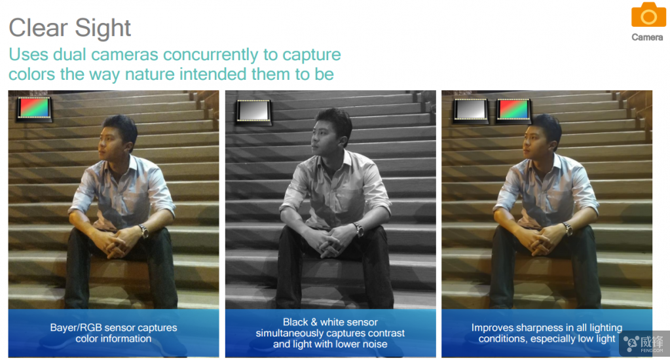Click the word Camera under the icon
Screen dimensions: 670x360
pyautogui.click(x=647, y=37)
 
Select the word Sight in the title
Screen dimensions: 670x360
pyautogui.click(x=103, y=28)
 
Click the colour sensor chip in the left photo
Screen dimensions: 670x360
pyautogui.click(x=34, y=109)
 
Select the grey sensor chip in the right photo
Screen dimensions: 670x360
pyautogui.click(x=470, y=111)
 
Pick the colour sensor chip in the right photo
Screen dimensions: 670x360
pyautogui.click(x=513, y=111)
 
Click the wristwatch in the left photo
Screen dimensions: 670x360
pyautogui.click(x=143, y=230)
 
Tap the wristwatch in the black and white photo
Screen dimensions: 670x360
pyautogui.click(x=358, y=229)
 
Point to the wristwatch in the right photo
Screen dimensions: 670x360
pyautogui.click(x=567, y=228)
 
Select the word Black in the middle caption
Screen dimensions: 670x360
pyautogui.click(x=295, y=322)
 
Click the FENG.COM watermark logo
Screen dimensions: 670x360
pyautogui.click(x=644, y=344)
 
